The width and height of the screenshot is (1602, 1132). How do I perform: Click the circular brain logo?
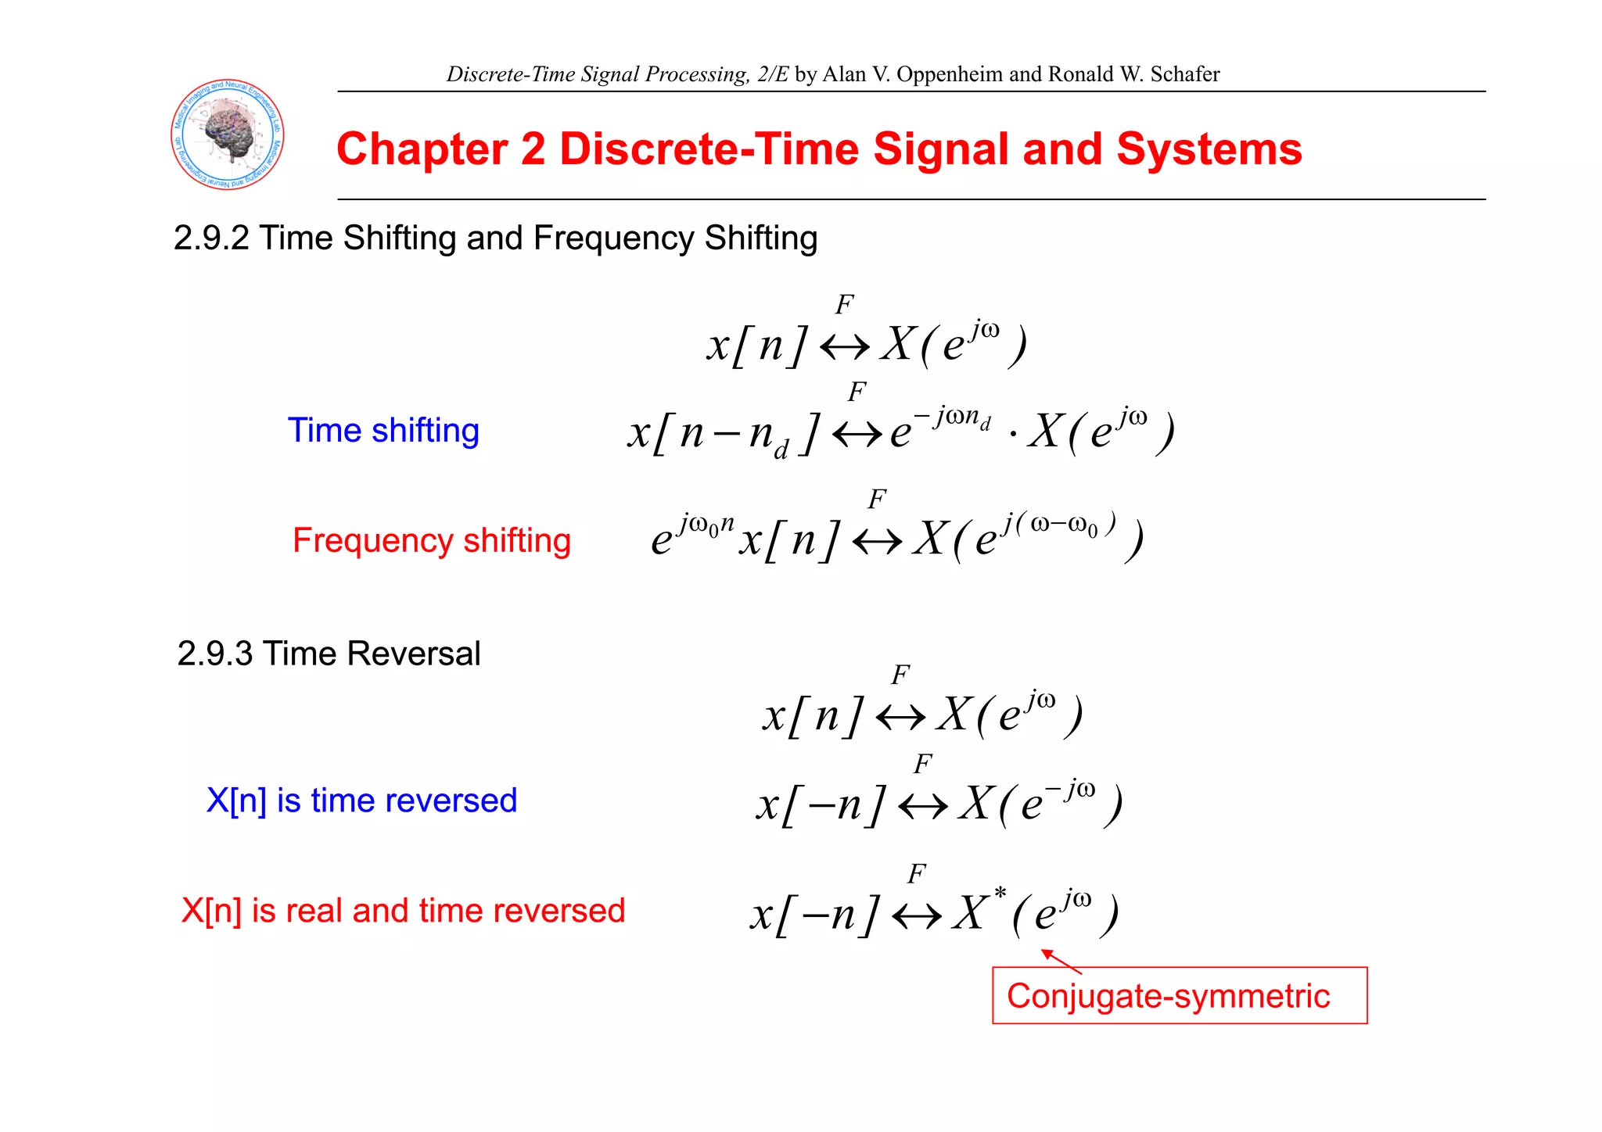coord(228,134)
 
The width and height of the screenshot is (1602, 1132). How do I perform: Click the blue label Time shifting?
coord(383,430)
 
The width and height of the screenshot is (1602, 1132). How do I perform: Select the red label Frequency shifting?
coord(432,540)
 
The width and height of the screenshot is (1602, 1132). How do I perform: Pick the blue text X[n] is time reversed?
coord(361,801)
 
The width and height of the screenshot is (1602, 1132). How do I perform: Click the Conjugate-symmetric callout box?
coord(1179,996)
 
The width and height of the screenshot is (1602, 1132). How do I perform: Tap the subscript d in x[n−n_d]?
coord(781,450)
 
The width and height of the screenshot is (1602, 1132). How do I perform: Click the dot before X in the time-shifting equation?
coord(1013,434)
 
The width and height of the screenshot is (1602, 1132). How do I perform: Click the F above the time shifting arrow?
coord(857,391)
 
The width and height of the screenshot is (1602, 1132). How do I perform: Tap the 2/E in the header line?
coord(773,74)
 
